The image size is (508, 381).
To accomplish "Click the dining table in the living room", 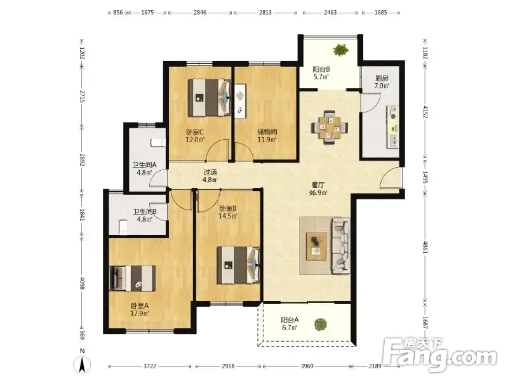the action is [x=330, y=128].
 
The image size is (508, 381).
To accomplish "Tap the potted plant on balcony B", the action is [x=340, y=50].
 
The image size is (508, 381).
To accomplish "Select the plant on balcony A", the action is [x=321, y=324].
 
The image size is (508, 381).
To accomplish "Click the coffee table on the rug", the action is [x=316, y=246].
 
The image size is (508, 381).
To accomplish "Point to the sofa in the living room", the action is [x=341, y=246].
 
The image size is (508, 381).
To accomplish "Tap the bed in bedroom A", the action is [x=133, y=278].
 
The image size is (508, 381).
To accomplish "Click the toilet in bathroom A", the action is [x=158, y=142].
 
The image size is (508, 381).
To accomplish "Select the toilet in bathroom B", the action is [x=123, y=227].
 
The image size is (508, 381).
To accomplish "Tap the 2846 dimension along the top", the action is [x=200, y=13].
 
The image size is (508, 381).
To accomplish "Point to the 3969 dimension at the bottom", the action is [x=307, y=366].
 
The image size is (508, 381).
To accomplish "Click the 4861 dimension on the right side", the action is [x=425, y=247].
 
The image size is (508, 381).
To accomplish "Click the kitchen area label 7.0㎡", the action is [x=382, y=86].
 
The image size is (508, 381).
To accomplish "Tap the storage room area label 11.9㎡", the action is [x=267, y=140].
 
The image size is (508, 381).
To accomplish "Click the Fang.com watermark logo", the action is [x=440, y=355].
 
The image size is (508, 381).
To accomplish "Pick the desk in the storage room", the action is [x=240, y=102].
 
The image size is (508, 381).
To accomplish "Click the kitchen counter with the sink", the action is [x=392, y=126].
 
